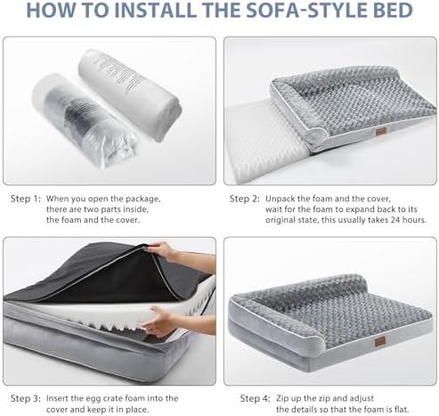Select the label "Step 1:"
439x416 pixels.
[x=25, y=199]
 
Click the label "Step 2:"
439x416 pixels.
[x=245, y=199]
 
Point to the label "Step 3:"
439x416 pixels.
[x=26, y=398]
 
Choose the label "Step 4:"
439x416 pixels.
[x=256, y=398]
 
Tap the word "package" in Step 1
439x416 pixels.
[x=143, y=199]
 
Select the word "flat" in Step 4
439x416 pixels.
[x=402, y=410]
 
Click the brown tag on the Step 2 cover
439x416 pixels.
[x=379, y=132]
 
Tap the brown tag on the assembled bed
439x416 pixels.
[x=379, y=341]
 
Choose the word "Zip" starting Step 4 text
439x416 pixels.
[x=283, y=398]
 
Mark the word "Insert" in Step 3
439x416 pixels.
[x=57, y=398]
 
